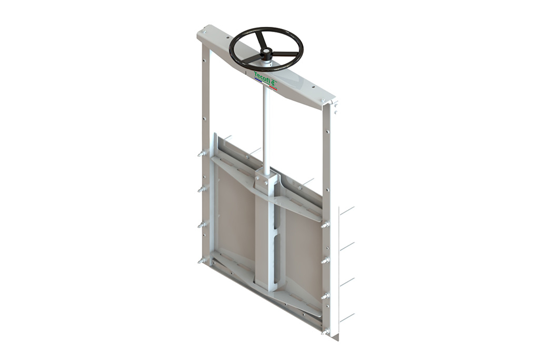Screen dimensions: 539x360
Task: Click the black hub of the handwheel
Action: click(265, 52)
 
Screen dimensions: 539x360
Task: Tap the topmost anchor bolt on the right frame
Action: click(325, 225)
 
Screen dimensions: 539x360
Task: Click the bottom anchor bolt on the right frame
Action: click(325, 332)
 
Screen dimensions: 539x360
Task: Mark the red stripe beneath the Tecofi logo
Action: click(273, 87)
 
